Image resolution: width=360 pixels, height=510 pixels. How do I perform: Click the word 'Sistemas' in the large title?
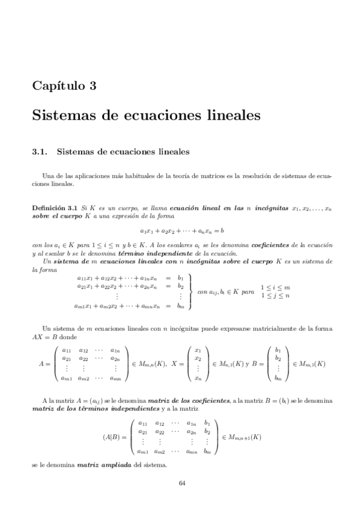pos(64,114)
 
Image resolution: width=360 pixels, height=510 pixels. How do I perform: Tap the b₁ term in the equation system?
pos(180,278)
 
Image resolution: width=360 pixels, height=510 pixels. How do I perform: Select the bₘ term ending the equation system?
pos(180,306)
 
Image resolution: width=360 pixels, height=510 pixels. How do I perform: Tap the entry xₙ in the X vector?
pos(198,378)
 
